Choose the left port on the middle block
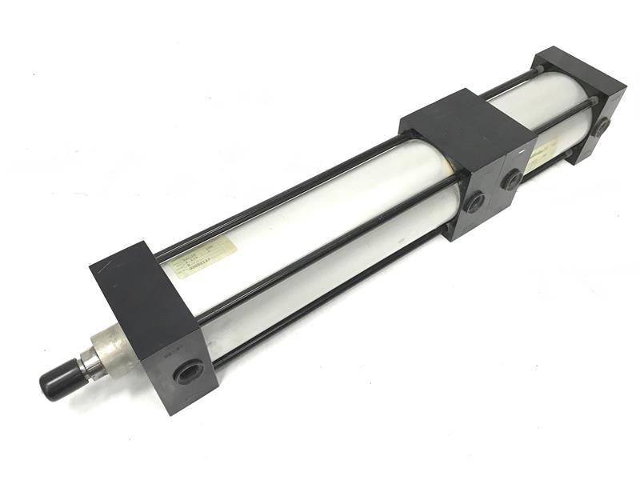coord(475,202)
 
